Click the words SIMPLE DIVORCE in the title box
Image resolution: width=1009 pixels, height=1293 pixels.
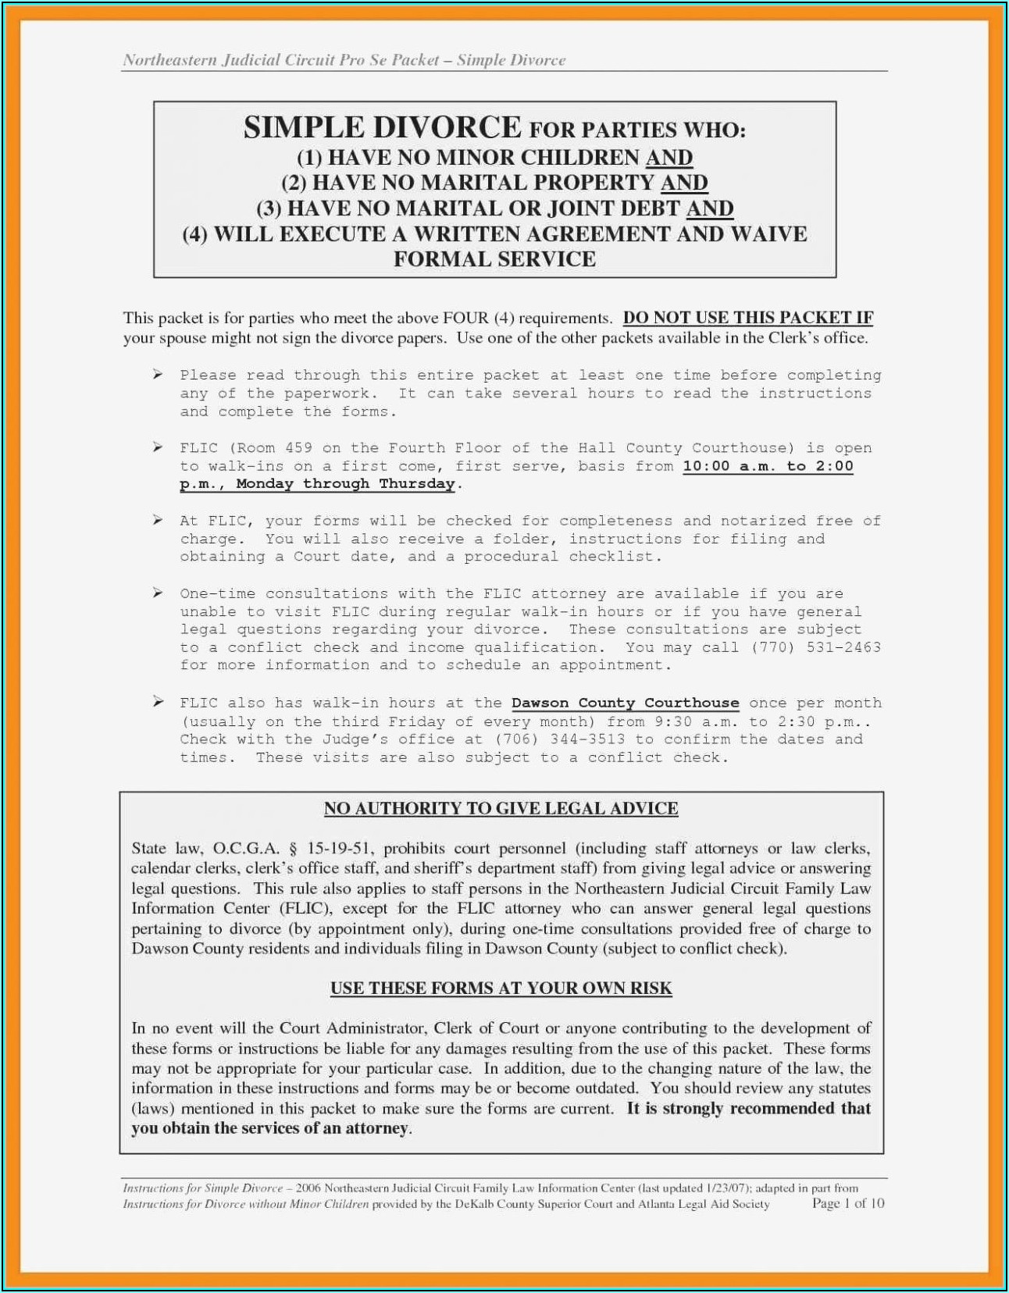(382, 128)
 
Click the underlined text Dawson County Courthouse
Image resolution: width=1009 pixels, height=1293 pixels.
(625, 703)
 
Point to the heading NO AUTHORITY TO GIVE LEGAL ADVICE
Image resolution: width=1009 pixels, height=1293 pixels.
(501, 808)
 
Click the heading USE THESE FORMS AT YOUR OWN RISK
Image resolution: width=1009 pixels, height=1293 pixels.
(501, 988)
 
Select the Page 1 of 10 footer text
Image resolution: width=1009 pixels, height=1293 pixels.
(847, 1203)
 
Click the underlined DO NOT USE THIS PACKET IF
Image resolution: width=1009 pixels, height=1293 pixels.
(747, 318)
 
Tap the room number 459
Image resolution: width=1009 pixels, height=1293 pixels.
(298, 448)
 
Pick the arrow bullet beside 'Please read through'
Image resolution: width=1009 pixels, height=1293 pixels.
(158, 375)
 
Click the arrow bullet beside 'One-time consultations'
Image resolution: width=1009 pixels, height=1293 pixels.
(158, 593)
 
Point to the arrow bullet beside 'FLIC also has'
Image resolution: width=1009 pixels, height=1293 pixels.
(158, 703)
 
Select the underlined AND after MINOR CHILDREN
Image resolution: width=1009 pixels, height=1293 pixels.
(669, 158)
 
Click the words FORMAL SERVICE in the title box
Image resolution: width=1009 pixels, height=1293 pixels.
(494, 259)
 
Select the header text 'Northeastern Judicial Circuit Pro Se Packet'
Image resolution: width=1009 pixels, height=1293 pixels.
(280, 60)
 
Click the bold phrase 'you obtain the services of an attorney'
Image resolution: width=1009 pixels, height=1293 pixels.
(269, 1128)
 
